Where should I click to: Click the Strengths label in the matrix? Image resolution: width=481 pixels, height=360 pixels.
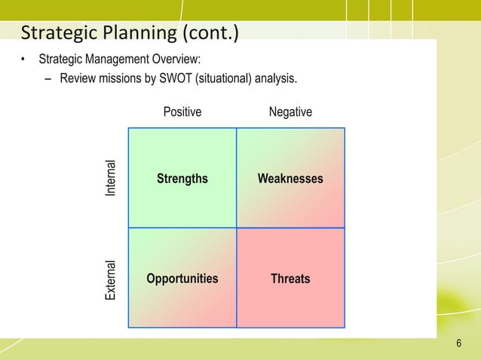tap(182, 178)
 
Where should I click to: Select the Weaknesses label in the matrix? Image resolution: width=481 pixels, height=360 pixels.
tap(290, 178)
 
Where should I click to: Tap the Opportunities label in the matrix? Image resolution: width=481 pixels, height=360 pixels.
tap(182, 279)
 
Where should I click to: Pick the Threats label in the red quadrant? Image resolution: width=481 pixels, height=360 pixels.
tap(290, 279)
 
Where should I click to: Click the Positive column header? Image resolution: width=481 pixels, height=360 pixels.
tap(182, 112)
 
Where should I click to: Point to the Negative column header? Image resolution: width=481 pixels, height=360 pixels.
tap(290, 112)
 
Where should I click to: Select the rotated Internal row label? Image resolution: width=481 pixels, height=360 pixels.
tap(112, 178)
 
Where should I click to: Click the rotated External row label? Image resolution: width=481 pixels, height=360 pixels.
tap(112, 280)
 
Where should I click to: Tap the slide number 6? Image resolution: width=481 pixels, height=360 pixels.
tap(458, 344)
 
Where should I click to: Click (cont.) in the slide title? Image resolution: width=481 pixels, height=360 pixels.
tap(205, 33)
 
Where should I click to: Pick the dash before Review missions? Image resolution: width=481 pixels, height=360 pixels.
tap(47, 78)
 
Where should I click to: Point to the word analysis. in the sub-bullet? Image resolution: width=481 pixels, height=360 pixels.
tap(277, 78)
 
